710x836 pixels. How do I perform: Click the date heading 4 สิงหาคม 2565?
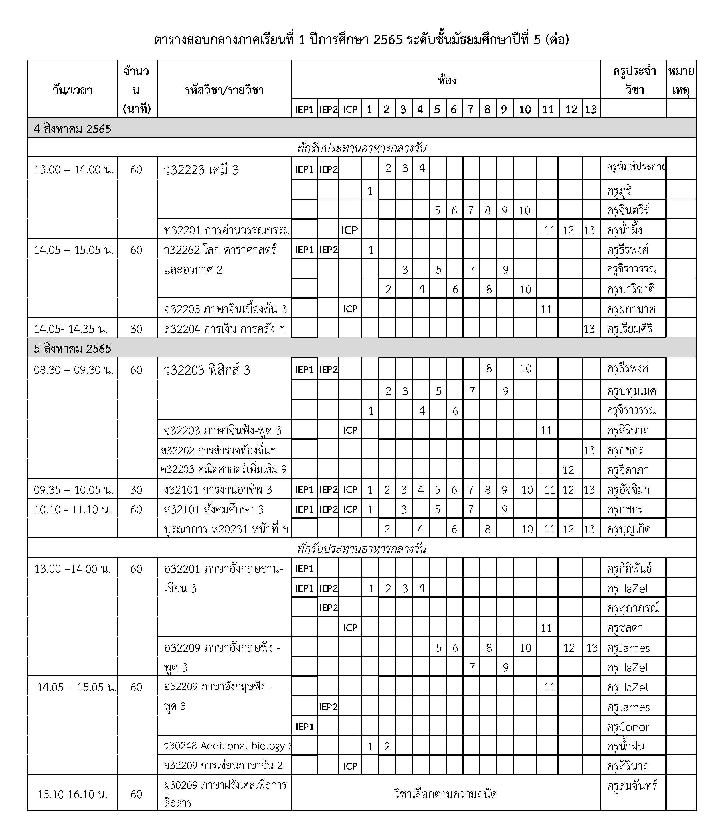(72, 129)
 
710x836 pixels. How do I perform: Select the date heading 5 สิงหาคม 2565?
(72, 349)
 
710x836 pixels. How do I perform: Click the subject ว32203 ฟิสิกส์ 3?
(207, 370)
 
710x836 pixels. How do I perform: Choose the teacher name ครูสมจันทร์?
(632, 786)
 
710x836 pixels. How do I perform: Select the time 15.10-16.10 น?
(72, 794)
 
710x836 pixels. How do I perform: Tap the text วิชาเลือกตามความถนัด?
(445, 794)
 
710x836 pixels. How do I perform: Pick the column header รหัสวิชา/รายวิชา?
(224, 90)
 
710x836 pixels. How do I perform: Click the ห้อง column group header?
(447, 80)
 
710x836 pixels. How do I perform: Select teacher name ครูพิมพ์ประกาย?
(635, 167)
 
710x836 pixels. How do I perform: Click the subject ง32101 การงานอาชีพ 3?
(218, 490)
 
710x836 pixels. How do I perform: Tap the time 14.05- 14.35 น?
(71, 329)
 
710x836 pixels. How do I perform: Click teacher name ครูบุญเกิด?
(629, 529)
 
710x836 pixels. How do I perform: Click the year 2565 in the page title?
(387, 40)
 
